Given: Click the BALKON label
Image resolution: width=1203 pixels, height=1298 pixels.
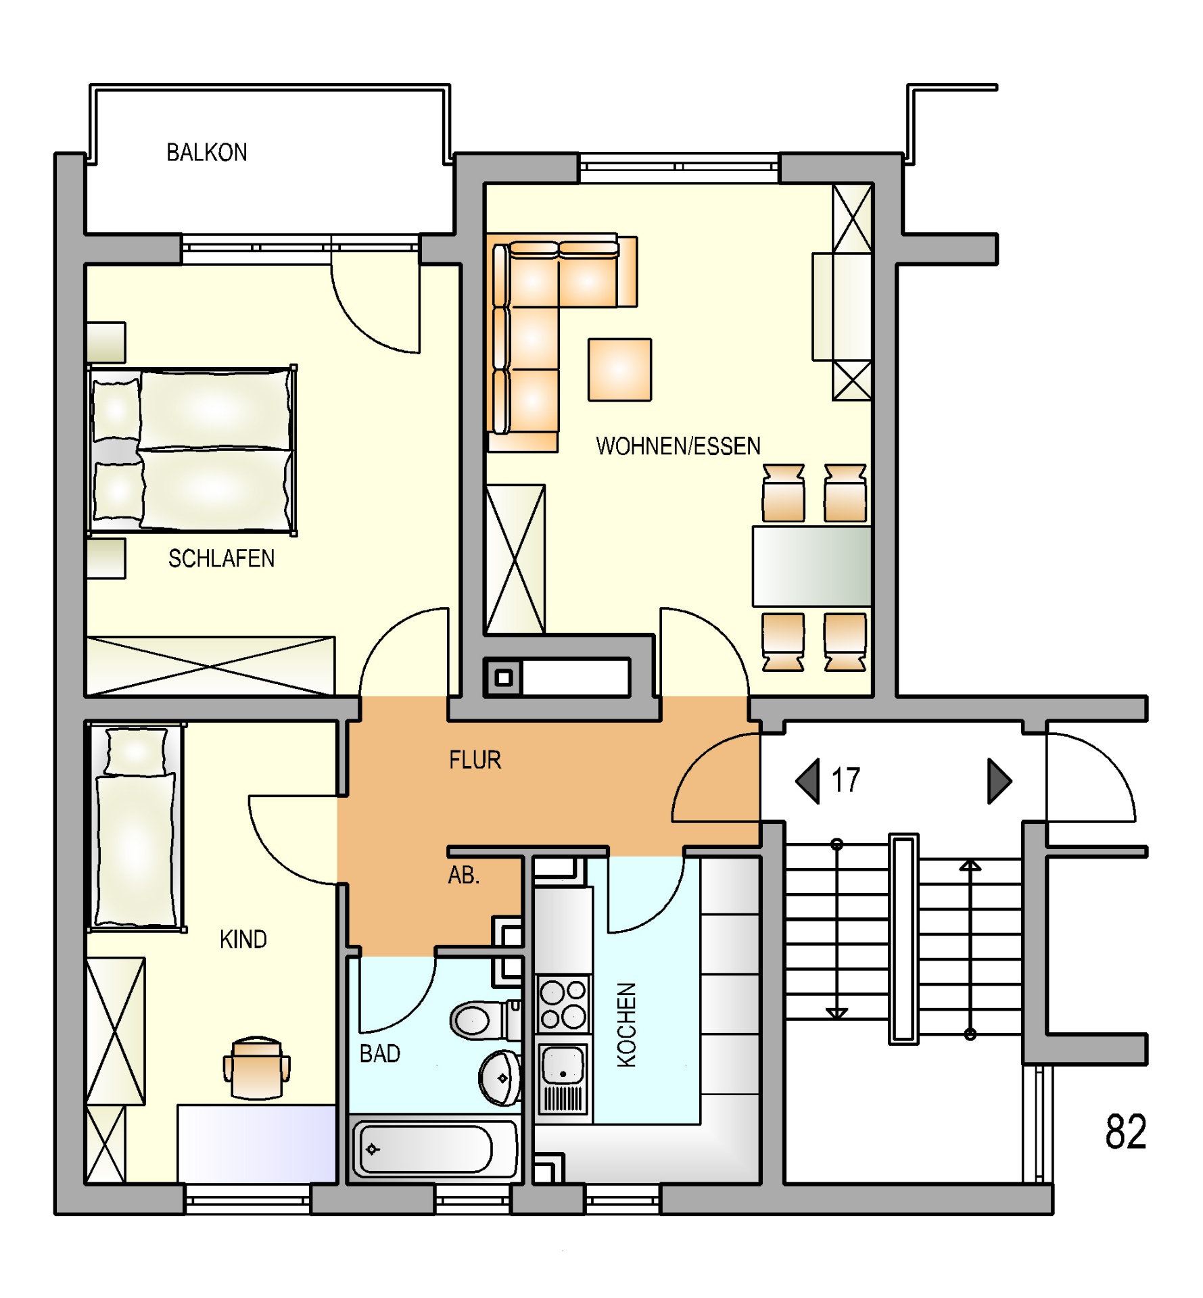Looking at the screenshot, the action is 206,152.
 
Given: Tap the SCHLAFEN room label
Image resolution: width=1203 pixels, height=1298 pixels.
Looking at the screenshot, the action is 221,558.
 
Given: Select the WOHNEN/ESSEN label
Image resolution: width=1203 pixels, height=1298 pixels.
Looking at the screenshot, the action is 678,446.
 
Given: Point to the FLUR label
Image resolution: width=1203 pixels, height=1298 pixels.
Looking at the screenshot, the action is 475,760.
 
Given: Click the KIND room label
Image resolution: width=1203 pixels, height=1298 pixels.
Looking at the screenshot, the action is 243,939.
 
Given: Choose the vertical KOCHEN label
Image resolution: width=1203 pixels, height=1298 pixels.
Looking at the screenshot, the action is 627,1025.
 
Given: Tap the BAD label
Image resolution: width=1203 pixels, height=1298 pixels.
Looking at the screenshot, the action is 380,1053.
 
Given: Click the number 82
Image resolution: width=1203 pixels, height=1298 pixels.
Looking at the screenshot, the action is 1126,1132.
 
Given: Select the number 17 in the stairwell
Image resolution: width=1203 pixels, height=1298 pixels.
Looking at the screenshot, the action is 845,780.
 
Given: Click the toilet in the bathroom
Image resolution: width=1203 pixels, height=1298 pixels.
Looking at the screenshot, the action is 485,1020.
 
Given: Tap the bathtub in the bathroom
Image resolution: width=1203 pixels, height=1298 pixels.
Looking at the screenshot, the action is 434,1149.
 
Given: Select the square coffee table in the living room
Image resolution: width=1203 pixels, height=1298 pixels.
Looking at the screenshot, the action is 619,370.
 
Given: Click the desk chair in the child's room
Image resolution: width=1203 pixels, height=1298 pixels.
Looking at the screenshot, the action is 256,1068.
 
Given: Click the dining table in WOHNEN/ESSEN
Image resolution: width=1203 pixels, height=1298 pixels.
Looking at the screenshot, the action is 812,567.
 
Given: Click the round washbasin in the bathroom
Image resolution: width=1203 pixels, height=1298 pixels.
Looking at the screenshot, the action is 500,1078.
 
